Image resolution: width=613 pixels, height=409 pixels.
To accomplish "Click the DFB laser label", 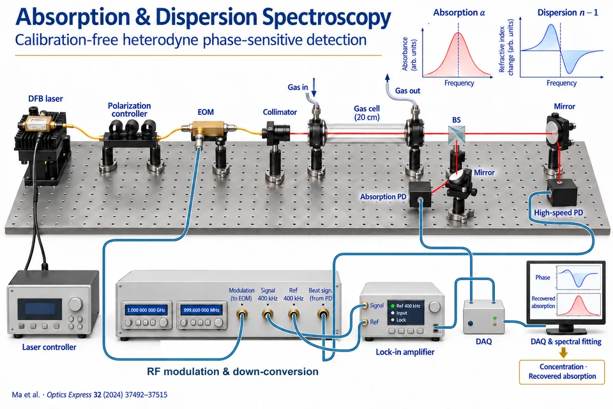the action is (x=45, y=98).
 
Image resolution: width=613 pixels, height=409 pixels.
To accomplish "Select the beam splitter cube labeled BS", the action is (x=456, y=134).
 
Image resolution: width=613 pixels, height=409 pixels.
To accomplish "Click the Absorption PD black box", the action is (x=420, y=194).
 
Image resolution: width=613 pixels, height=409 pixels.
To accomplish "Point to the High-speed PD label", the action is (x=558, y=213).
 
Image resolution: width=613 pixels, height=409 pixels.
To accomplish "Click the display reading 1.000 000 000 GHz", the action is (x=146, y=310).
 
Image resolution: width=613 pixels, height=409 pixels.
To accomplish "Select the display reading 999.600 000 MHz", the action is (x=201, y=310).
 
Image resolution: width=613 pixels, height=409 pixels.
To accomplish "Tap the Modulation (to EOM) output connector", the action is (x=241, y=314).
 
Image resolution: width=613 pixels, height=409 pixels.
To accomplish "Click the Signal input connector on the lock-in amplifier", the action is (x=365, y=305).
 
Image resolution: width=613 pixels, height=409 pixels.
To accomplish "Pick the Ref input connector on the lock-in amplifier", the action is (x=365, y=323).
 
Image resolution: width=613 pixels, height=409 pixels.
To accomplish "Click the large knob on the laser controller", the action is (x=75, y=304).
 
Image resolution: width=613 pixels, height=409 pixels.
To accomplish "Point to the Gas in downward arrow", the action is (x=314, y=88).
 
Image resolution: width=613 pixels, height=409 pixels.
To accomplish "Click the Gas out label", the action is (x=407, y=91).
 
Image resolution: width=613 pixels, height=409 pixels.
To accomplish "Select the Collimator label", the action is (x=280, y=112).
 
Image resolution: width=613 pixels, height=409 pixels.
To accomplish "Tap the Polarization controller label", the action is (x=130, y=109).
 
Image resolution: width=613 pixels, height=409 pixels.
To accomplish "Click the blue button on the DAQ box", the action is (x=471, y=323).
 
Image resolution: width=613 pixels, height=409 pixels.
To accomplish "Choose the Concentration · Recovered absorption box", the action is (x=562, y=371).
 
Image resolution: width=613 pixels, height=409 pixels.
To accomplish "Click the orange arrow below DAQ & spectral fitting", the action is (x=563, y=353).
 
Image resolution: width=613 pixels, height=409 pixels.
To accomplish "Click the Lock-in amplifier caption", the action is (x=405, y=352).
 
